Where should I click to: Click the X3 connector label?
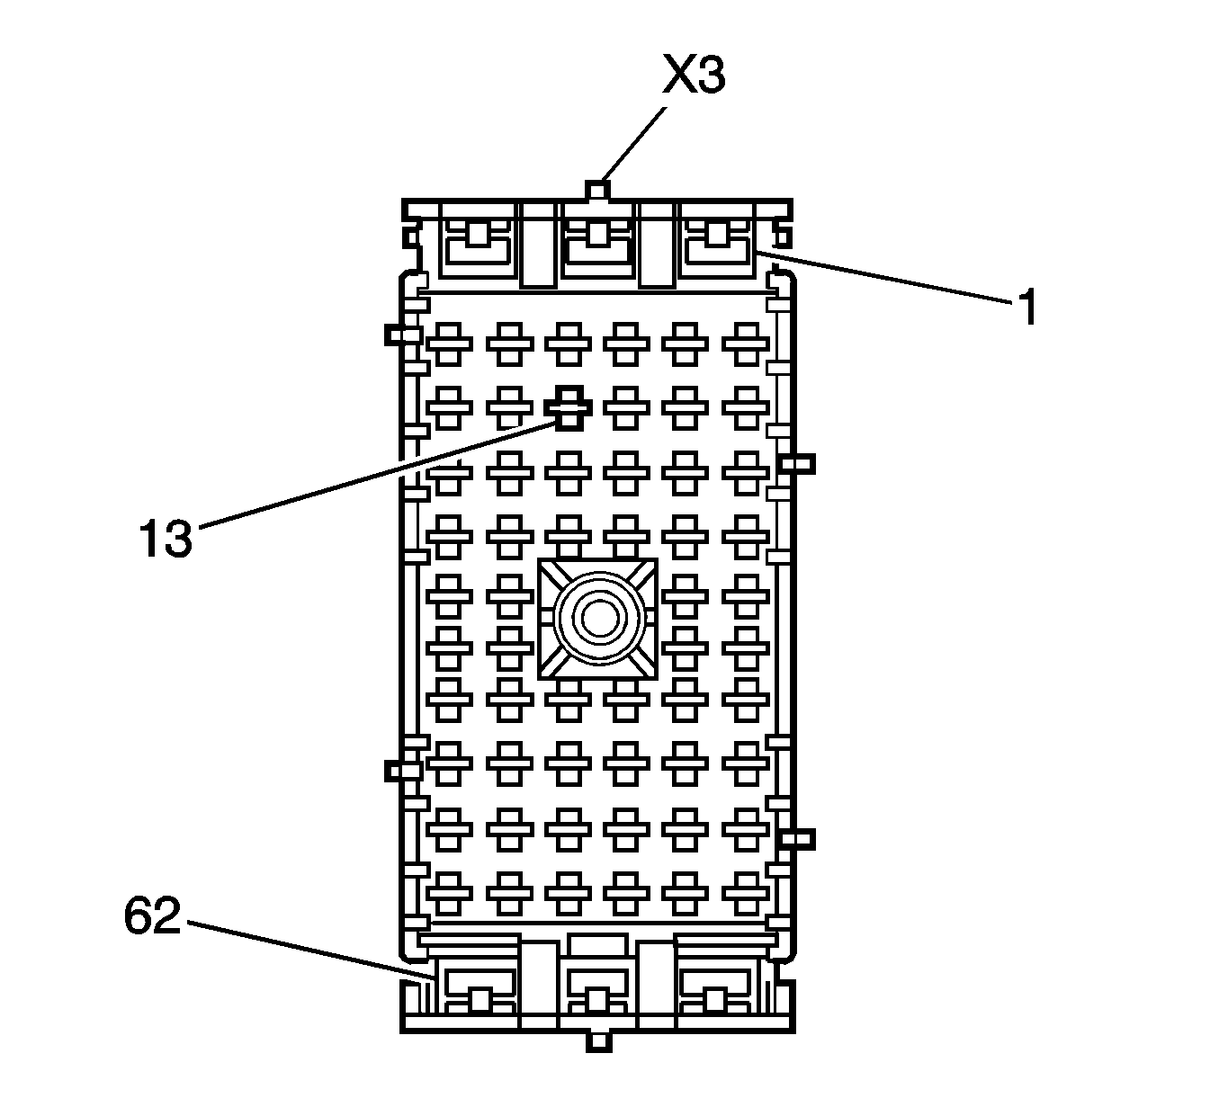[x=694, y=77]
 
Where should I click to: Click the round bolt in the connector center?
[x=597, y=618]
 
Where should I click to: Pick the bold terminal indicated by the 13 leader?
[x=569, y=408]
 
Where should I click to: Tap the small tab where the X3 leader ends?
[x=597, y=190]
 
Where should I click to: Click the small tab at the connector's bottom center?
[x=597, y=1040]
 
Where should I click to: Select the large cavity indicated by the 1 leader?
[x=717, y=242]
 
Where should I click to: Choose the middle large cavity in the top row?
[x=597, y=243]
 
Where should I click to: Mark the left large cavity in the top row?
[x=478, y=243]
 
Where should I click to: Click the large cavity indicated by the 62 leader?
[x=478, y=989]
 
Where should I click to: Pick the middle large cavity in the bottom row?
[x=597, y=989]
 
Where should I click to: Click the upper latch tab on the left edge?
[x=401, y=335]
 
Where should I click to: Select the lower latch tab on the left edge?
[x=401, y=771]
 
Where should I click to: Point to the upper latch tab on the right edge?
[x=797, y=463]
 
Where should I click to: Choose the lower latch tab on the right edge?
[x=797, y=839]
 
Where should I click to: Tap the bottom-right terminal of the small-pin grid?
[x=746, y=891]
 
